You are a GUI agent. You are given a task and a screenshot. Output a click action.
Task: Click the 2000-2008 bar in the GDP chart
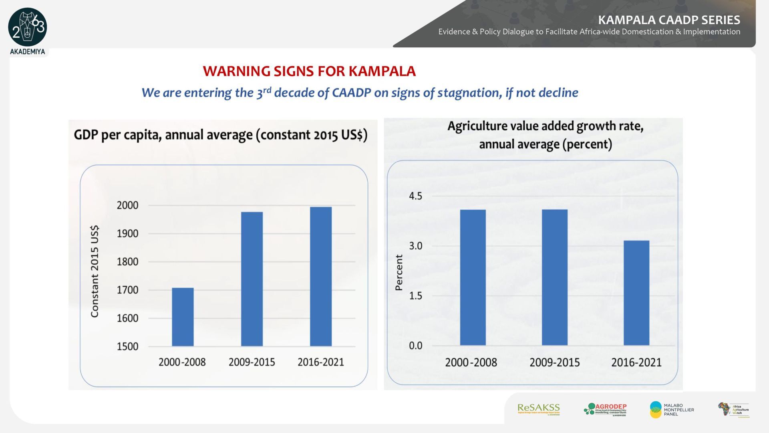(x=183, y=317)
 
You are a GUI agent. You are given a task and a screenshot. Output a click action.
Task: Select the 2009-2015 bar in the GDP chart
(x=252, y=279)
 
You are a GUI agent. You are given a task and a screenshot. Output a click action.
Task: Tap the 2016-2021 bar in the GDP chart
(x=321, y=276)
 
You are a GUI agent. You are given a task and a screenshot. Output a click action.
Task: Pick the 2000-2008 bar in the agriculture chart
(x=473, y=277)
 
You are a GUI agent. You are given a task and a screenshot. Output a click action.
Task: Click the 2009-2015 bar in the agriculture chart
(x=554, y=277)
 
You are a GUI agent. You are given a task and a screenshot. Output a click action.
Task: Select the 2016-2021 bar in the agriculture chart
(x=636, y=293)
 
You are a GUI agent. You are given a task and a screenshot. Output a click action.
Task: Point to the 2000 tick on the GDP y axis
(x=127, y=205)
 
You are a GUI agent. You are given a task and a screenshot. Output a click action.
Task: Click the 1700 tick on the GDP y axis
(x=127, y=290)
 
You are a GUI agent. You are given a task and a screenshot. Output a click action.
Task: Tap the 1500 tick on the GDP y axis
(x=127, y=346)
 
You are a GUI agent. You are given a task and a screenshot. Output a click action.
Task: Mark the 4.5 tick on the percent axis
(x=415, y=196)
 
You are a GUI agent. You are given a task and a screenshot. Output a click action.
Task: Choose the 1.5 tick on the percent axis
(x=415, y=296)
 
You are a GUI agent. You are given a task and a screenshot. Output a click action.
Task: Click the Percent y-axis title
(x=399, y=272)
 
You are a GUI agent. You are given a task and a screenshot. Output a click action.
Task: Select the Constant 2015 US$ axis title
(x=95, y=271)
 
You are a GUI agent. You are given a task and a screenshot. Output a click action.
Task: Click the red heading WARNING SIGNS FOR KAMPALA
(x=309, y=71)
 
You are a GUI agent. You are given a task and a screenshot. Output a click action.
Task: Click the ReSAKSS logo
(x=538, y=409)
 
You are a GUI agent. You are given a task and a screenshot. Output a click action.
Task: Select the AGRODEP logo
(x=605, y=409)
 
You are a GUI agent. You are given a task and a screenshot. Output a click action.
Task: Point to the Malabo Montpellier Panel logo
(x=672, y=409)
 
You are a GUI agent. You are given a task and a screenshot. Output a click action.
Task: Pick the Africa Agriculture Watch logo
(x=733, y=410)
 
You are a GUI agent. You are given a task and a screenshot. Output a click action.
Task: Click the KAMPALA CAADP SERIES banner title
(x=669, y=20)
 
